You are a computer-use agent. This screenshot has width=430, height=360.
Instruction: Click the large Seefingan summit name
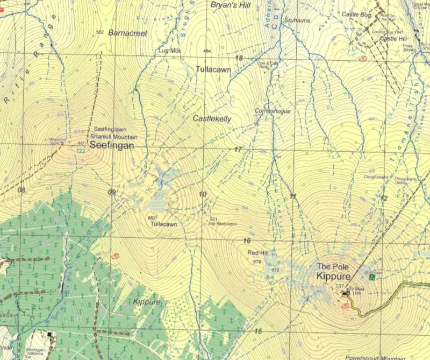click(x=111, y=145)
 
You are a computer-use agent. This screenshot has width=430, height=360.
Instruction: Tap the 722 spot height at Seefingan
click(x=81, y=151)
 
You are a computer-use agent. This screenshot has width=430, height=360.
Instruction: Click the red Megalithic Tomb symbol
click(x=62, y=143)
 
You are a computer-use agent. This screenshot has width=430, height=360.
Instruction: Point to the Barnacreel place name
click(x=127, y=32)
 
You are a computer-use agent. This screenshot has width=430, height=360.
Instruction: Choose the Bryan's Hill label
click(x=231, y=5)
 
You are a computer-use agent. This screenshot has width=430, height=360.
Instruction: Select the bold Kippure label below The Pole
click(x=333, y=276)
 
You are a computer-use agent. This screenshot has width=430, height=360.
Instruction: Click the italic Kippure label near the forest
click(x=146, y=302)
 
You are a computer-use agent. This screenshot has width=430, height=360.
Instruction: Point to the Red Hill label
click(x=257, y=253)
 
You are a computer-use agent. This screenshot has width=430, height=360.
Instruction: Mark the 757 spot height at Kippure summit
click(x=339, y=285)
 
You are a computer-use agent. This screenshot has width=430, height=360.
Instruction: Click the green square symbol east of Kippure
click(x=371, y=277)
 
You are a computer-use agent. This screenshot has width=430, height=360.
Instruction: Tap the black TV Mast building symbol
click(x=346, y=293)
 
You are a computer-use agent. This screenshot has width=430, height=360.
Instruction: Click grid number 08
click(x=21, y=190)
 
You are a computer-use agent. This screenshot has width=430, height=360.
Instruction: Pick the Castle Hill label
click(x=393, y=39)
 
